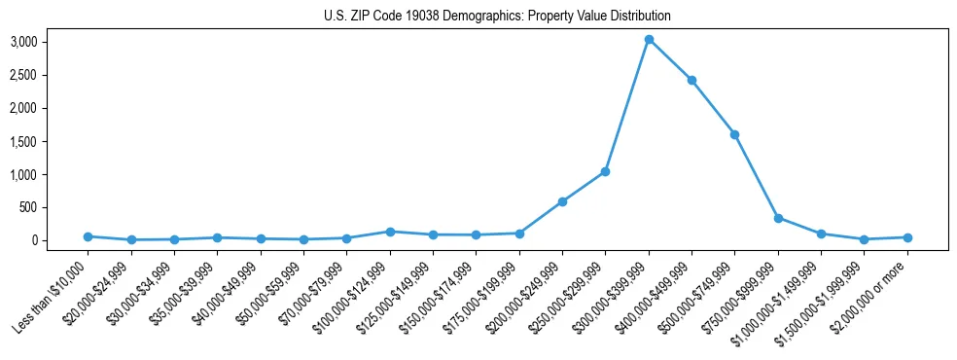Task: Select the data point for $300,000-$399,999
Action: tap(649, 40)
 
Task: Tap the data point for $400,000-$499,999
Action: tap(691, 80)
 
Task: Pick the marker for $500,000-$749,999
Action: tap(734, 134)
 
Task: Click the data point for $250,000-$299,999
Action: tap(605, 171)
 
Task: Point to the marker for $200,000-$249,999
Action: tap(562, 201)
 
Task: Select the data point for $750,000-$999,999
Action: tap(778, 218)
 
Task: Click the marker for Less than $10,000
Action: tap(88, 236)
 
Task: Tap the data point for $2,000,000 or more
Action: tap(907, 237)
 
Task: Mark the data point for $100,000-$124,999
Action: tap(390, 232)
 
